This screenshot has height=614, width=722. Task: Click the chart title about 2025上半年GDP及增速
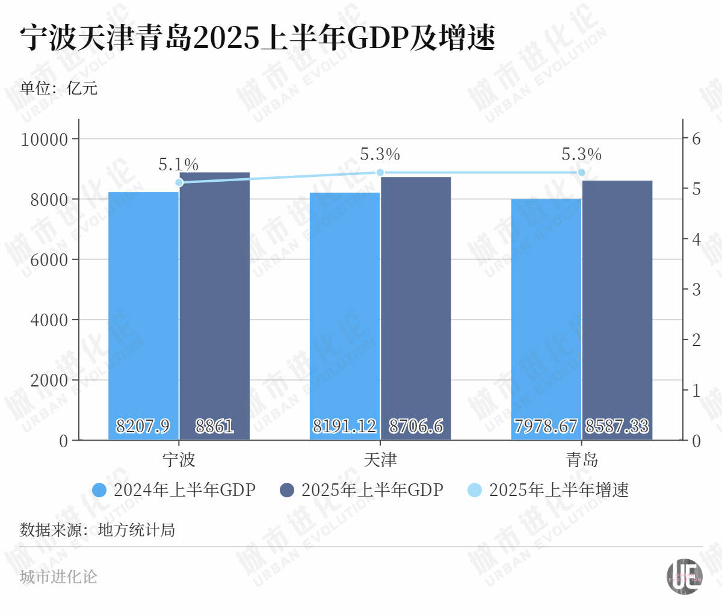[x=258, y=38]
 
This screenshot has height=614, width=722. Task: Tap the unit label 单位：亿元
[x=59, y=88]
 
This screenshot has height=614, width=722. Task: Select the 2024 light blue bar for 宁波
[x=143, y=313]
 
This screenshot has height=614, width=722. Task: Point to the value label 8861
[x=214, y=426]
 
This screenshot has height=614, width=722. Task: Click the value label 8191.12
[x=344, y=426]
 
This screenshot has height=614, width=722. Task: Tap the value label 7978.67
[x=546, y=426]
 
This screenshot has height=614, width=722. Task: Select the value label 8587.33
[x=617, y=426]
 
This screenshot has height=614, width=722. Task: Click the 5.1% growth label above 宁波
[x=178, y=164]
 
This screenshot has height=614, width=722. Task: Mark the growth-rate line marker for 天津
[x=380, y=173]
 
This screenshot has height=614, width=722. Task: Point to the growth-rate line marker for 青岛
[x=581, y=173]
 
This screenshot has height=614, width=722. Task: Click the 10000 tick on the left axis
[x=45, y=140]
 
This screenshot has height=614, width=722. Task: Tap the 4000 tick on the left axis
[x=49, y=320]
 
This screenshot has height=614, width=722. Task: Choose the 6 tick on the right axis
[x=696, y=138]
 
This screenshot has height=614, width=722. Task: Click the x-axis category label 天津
[x=380, y=460]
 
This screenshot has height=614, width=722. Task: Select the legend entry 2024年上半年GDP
[x=174, y=490]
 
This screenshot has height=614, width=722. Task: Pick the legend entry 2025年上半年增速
[x=548, y=490]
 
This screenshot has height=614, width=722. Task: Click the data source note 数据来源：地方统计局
[x=97, y=530]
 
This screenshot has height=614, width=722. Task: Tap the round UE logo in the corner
[x=684, y=576]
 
